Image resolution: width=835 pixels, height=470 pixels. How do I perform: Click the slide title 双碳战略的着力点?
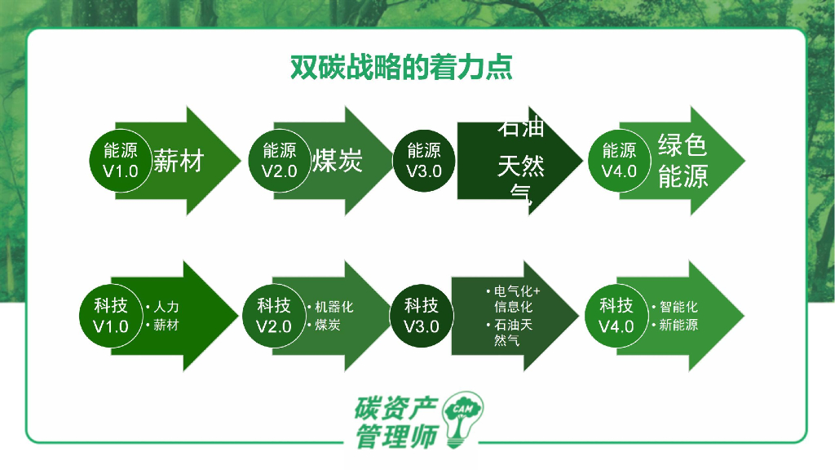401,67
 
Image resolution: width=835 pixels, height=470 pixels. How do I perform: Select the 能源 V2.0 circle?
279,161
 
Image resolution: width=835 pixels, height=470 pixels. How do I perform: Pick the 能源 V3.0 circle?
423,161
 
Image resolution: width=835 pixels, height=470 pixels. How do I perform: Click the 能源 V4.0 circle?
619,161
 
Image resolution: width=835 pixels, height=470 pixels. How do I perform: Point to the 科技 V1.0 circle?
111,316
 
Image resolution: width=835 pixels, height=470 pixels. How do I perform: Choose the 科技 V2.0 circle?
274,316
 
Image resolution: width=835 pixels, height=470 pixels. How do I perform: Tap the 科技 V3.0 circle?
422,316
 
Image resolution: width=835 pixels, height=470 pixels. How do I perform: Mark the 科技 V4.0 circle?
616,316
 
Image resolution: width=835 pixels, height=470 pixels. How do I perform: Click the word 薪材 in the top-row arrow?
178,162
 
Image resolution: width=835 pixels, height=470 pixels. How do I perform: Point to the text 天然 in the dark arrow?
520,169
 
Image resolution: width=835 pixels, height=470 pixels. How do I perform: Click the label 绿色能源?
683,161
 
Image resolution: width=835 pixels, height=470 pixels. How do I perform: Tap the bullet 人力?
166,308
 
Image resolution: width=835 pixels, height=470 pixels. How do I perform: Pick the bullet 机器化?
334,308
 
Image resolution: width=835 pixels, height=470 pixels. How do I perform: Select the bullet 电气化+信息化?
516,299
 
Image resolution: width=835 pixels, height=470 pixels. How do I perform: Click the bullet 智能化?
678,308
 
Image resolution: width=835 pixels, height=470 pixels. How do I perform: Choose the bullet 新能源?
678,326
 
